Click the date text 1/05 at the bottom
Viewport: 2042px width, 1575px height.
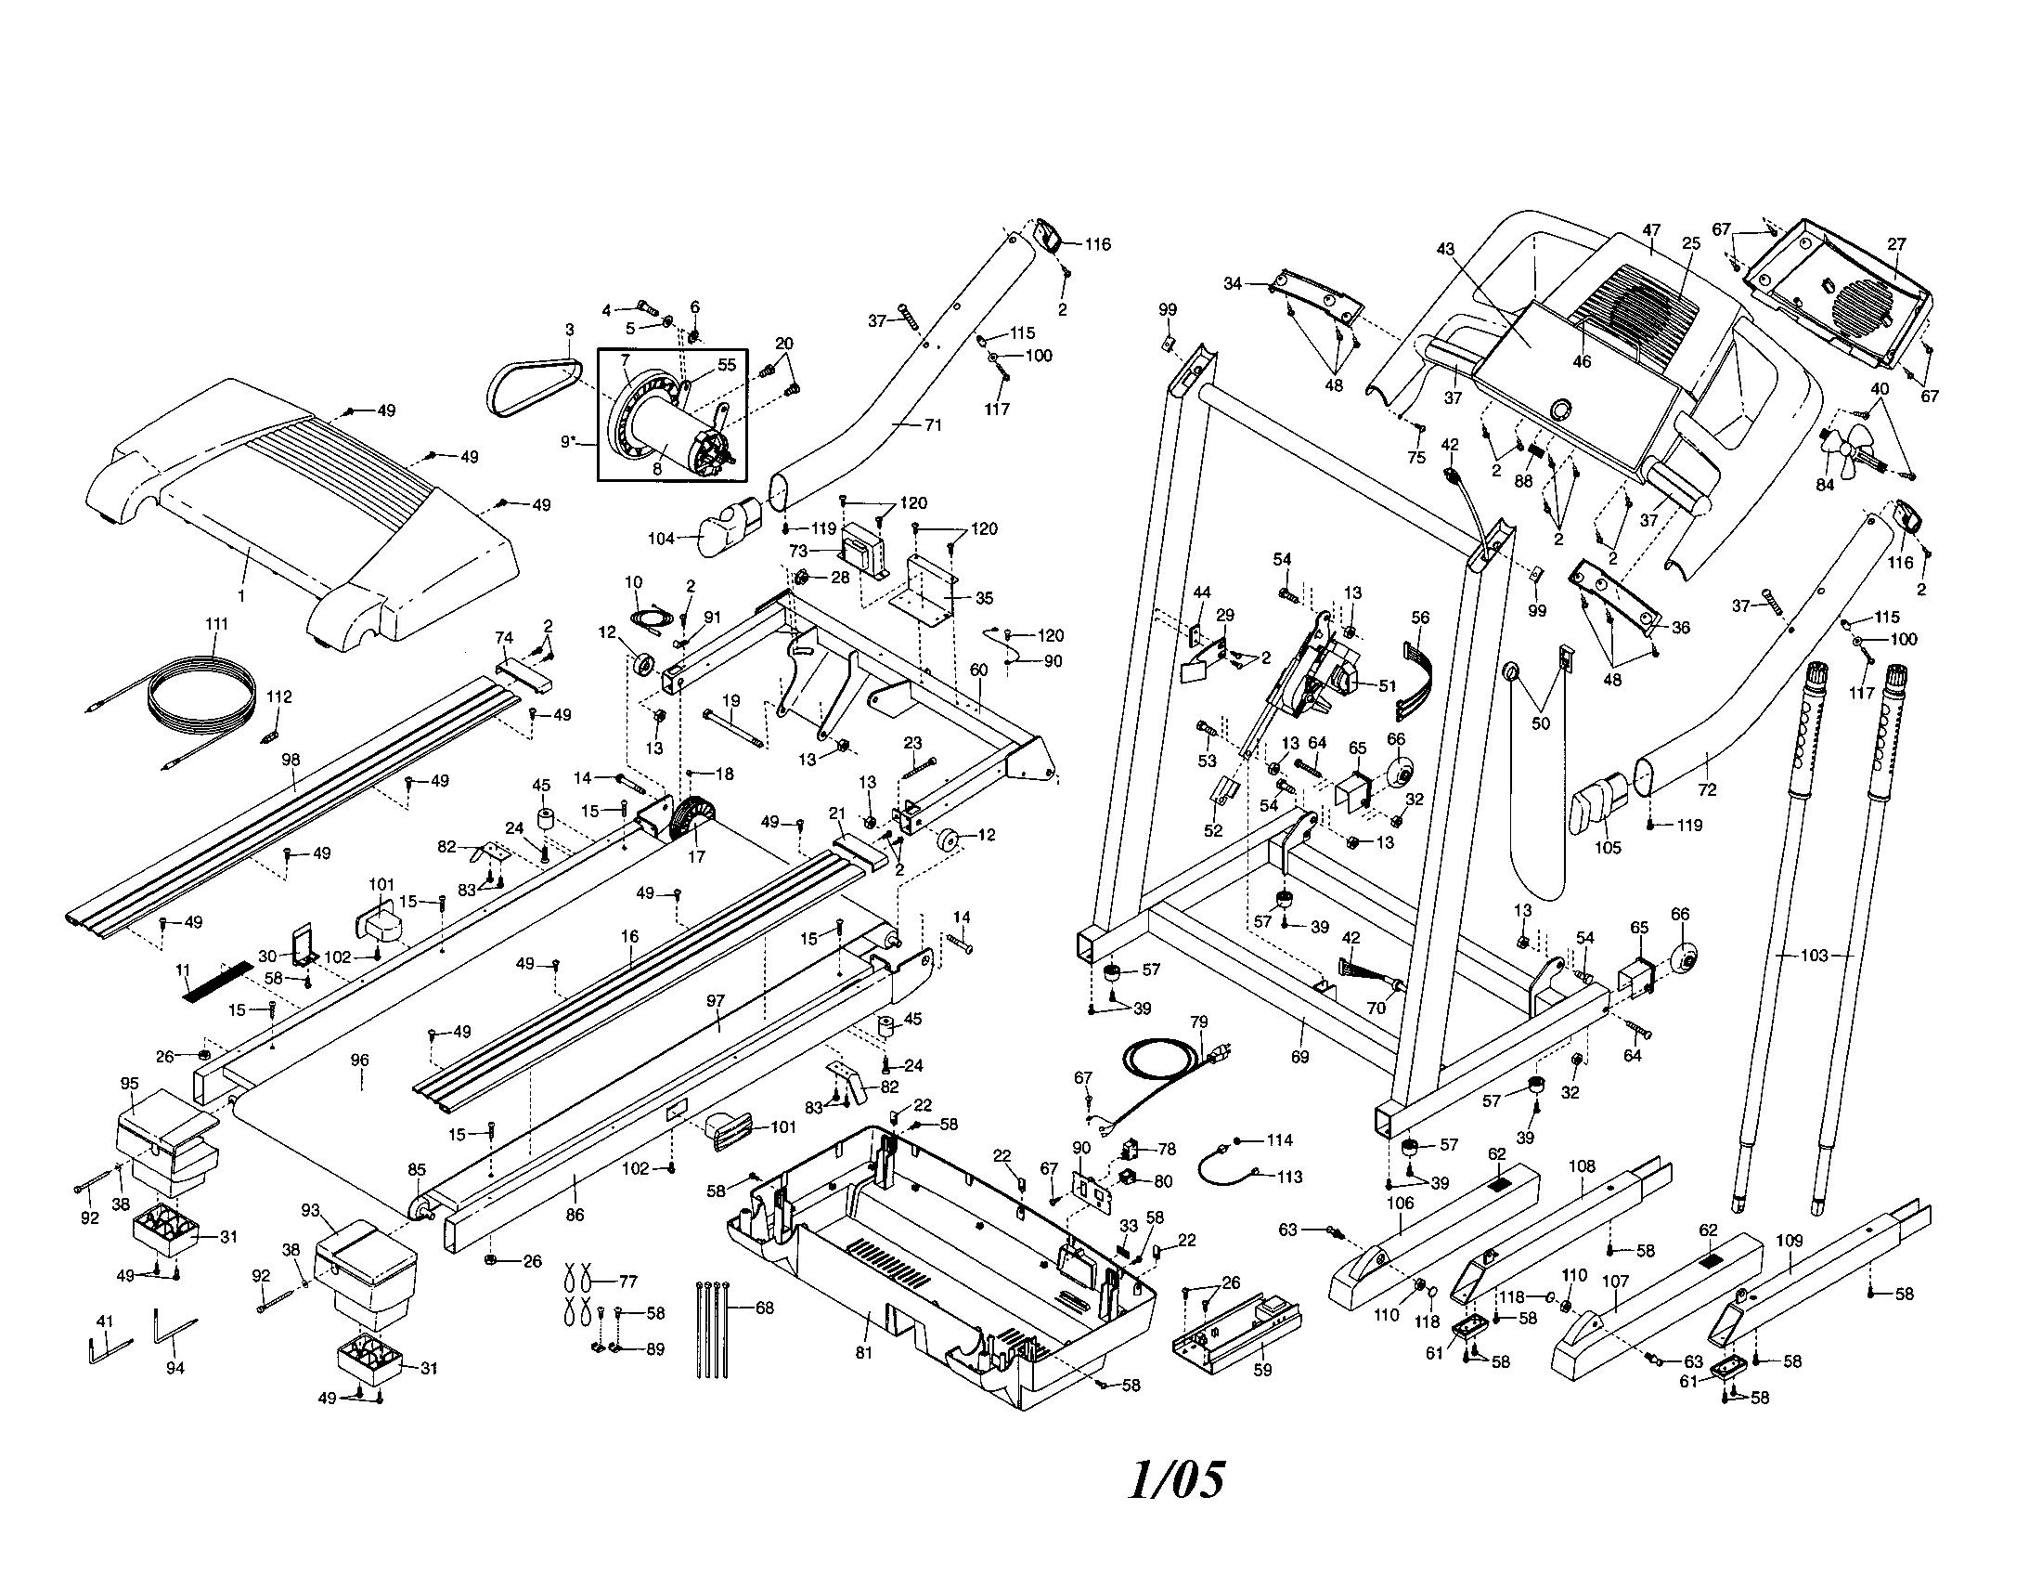point(1175,1480)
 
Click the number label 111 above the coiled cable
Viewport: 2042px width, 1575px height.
point(216,623)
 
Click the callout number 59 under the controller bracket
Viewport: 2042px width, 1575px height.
point(1262,1370)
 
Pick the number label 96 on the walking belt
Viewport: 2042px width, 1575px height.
point(359,1060)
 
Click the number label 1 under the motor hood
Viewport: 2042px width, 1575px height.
point(240,595)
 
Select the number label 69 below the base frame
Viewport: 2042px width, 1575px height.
point(1299,1057)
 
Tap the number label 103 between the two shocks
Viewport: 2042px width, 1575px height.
point(1814,956)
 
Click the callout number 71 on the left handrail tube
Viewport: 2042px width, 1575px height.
point(933,424)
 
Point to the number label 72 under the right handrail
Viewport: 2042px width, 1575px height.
point(1706,790)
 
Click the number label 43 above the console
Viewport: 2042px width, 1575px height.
point(1446,249)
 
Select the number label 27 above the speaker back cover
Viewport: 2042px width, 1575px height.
point(1895,244)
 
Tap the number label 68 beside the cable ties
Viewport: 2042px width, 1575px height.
point(765,1308)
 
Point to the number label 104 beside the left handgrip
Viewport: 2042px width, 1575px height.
point(661,539)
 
